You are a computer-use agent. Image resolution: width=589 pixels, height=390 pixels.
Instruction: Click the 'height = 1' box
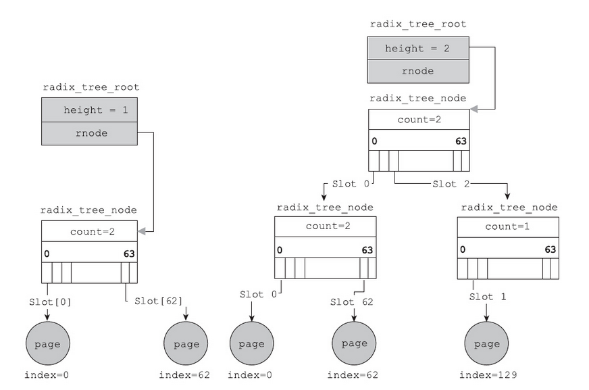90,109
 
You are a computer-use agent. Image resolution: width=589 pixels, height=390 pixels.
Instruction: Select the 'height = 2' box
418,49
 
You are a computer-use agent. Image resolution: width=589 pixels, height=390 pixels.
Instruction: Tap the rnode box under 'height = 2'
418,70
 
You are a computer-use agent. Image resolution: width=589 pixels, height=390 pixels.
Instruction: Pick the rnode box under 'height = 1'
90,133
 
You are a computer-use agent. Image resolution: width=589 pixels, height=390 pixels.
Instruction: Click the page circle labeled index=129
486,343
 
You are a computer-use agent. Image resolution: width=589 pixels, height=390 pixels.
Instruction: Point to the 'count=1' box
507,226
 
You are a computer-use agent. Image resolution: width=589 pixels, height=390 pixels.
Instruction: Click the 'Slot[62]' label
158,301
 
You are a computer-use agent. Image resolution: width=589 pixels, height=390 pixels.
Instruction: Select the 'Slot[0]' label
49,301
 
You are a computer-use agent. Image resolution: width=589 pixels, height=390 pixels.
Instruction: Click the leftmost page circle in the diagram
47,343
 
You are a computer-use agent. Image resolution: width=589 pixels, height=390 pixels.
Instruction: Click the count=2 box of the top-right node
418,119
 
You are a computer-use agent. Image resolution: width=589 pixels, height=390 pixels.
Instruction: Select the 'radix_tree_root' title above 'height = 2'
418,24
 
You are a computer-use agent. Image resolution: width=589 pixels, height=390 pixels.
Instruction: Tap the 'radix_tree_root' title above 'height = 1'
90,87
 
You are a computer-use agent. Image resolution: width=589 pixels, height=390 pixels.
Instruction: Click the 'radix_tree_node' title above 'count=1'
507,206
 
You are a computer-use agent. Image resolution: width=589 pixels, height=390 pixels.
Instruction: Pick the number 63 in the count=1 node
550,250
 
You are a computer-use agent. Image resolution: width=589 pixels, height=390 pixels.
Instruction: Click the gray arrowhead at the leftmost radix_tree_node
142,232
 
